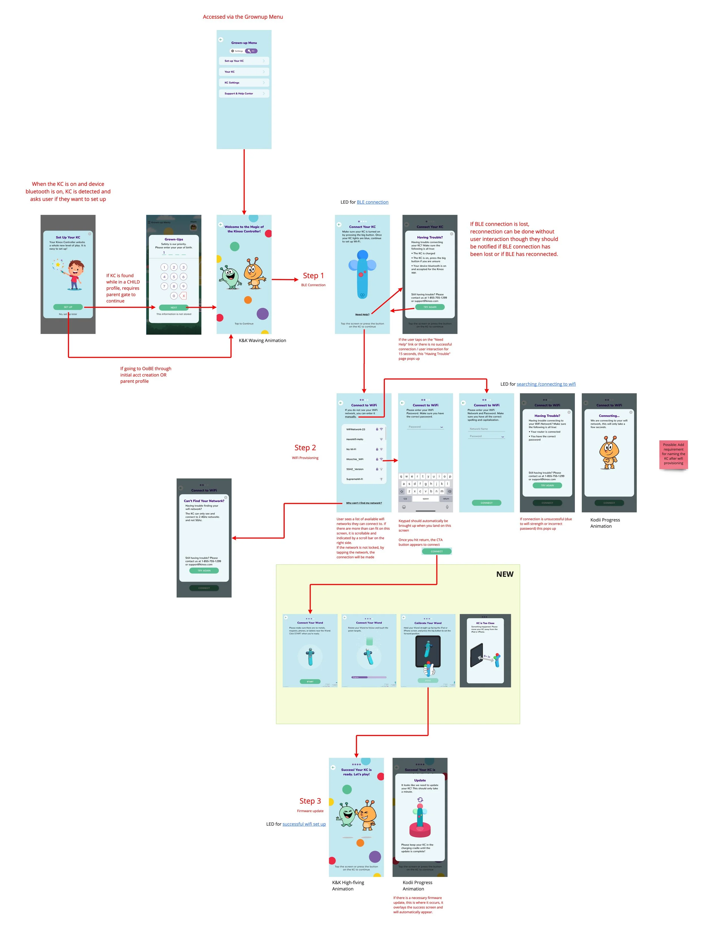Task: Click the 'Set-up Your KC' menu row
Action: pyautogui.click(x=244, y=61)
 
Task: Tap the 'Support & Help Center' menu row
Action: pyautogui.click(x=244, y=93)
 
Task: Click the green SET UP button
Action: pyautogui.click(x=68, y=307)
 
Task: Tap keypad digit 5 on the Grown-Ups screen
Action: pyautogui.click(x=174, y=276)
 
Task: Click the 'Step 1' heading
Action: pyautogui.click(x=313, y=276)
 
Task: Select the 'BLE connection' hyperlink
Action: pyautogui.click(x=372, y=202)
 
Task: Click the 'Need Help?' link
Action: pyautogui.click(x=362, y=314)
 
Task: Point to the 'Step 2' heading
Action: pyautogui.click(x=305, y=448)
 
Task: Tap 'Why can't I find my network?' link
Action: pyautogui.click(x=364, y=503)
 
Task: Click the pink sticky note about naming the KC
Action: pyautogui.click(x=673, y=454)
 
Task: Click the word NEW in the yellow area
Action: pyautogui.click(x=504, y=574)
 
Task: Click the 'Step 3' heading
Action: pyautogui.click(x=310, y=801)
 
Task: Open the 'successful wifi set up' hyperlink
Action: pyautogui.click(x=304, y=824)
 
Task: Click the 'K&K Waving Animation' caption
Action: pyautogui.click(x=262, y=340)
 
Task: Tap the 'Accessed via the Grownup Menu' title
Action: pyautogui.click(x=243, y=17)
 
